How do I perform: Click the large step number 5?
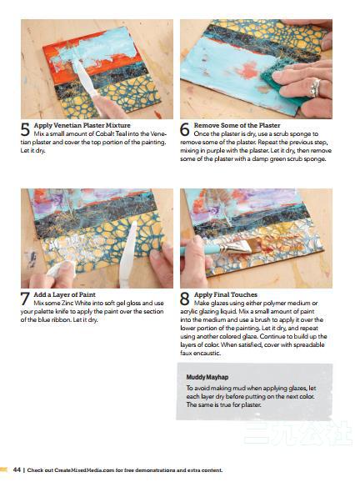click(25, 129)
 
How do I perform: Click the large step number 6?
click(185, 129)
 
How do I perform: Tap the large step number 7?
click(25, 299)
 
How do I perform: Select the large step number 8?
click(185, 299)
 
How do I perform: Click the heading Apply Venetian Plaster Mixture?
click(82, 125)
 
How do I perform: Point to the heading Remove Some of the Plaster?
click(237, 125)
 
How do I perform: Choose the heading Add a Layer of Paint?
click(64, 294)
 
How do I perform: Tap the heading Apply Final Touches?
click(226, 294)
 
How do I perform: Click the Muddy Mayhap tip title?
click(207, 377)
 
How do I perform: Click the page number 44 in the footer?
click(17, 470)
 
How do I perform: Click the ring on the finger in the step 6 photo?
click(315, 88)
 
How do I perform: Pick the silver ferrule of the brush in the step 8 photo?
click(234, 247)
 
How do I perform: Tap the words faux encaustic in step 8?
click(200, 354)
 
